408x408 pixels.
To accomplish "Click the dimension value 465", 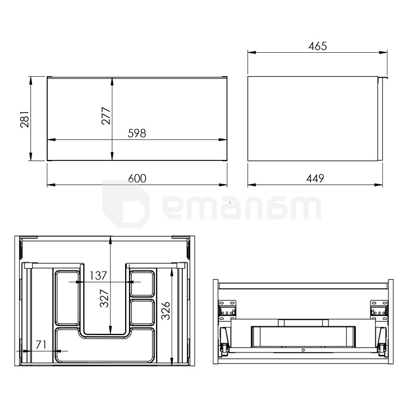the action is coord(318,46).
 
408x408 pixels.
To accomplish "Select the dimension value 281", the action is coord(24,119).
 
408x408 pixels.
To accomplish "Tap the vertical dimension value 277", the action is coord(106,115).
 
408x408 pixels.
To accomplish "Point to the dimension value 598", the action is coord(137,133).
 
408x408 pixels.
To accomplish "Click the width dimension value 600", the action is coord(137,178).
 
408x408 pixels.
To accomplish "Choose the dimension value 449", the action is coord(315,178).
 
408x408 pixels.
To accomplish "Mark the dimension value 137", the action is coord(98,276).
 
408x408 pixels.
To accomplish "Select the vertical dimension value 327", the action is coord(104,298).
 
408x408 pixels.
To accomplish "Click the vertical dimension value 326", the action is coord(165,311).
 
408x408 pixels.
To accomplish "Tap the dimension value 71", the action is coord(41,345).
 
